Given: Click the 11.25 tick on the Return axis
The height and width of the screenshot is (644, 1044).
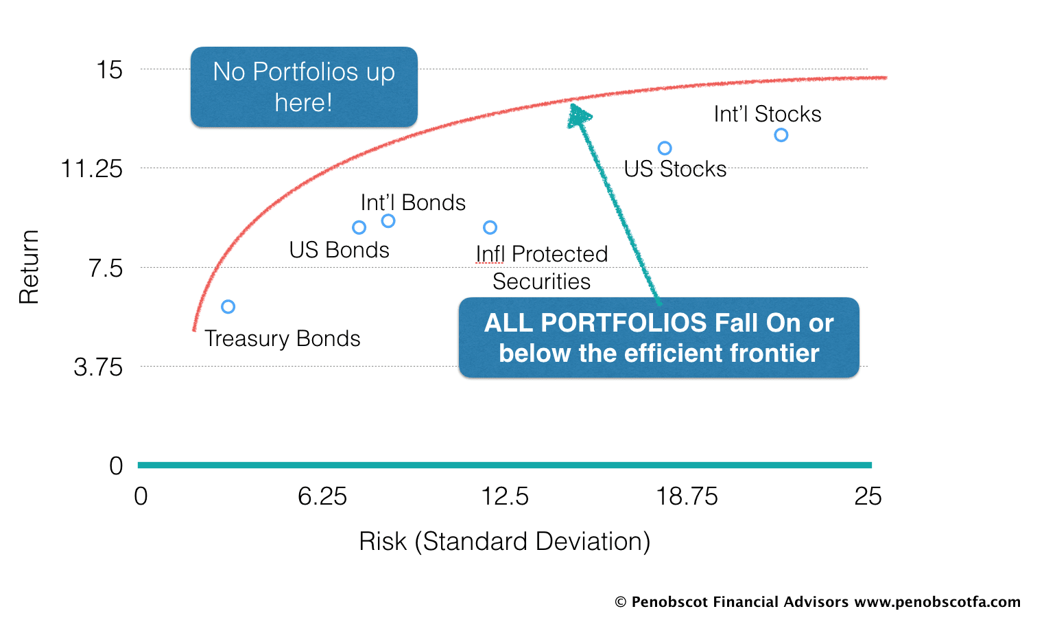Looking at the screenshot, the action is click(x=92, y=168).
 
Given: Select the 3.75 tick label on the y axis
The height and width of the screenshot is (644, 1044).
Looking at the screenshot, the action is click(x=98, y=367).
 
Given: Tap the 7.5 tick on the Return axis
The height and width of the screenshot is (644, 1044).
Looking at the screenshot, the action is click(x=106, y=268).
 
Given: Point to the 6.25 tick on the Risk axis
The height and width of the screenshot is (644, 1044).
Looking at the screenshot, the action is click(x=322, y=496).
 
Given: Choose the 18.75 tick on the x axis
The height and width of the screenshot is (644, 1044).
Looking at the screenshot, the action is click(x=687, y=496).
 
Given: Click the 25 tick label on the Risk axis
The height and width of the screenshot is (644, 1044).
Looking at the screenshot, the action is click(x=868, y=496).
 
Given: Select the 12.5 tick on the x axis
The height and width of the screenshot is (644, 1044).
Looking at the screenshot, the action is click(x=505, y=496).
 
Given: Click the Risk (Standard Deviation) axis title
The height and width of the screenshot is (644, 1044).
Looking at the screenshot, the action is click(x=505, y=542).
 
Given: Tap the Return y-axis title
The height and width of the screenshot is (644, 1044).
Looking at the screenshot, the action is click(x=29, y=267).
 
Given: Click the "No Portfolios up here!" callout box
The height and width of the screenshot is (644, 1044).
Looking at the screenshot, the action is click(x=304, y=87).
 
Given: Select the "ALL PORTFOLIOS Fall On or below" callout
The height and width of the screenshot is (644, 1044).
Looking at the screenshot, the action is click(x=659, y=337).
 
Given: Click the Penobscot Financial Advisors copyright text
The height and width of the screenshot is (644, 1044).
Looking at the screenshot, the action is click(x=818, y=602).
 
